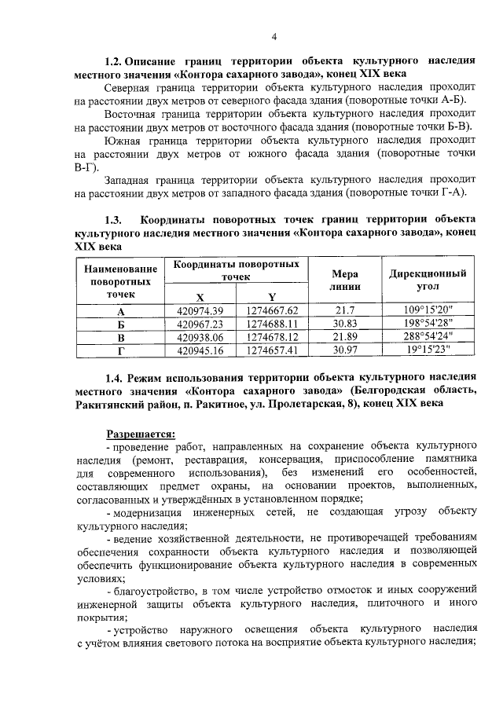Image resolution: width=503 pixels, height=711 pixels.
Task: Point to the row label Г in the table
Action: click(x=120, y=350)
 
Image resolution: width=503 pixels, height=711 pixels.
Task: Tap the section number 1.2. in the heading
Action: click(x=118, y=60)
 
